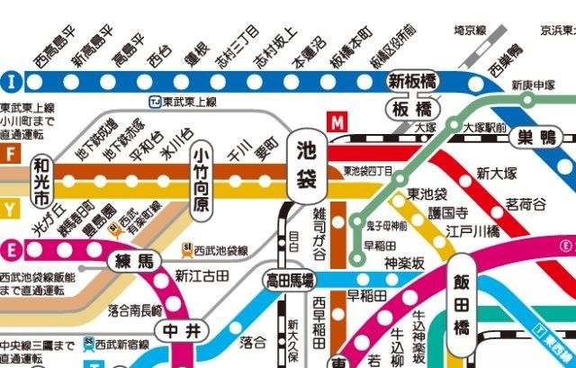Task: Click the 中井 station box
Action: (170, 330)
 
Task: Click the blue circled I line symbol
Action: (12, 79)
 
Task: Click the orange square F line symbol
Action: (10, 153)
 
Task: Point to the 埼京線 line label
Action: (469, 30)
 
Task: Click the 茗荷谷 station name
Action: (526, 205)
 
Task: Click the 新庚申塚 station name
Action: (535, 86)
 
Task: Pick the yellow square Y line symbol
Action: (10, 210)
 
